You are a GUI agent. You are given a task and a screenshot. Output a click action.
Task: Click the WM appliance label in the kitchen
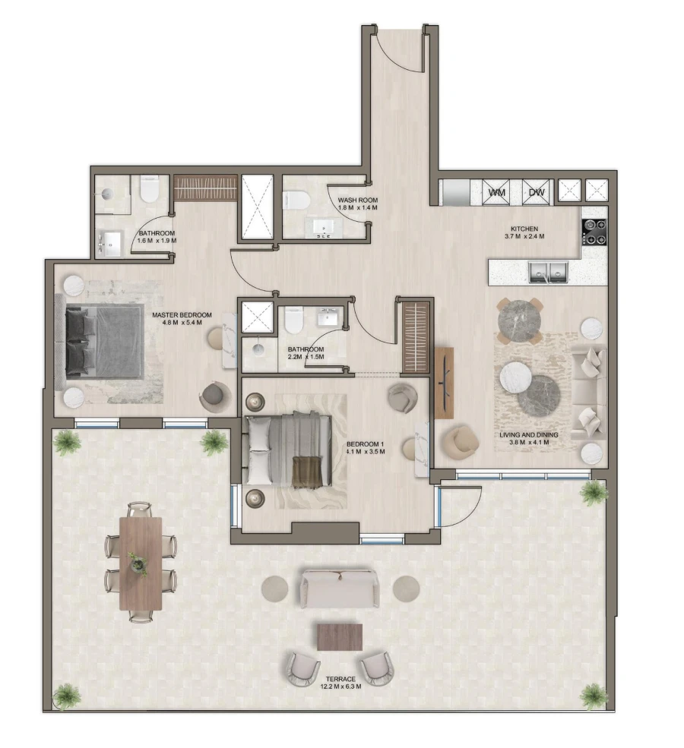click(x=498, y=192)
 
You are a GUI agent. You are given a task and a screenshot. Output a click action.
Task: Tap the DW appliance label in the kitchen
click(x=538, y=192)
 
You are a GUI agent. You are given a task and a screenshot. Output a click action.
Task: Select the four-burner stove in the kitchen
click(x=594, y=232)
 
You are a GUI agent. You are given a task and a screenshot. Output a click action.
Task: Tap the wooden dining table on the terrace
click(x=141, y=562)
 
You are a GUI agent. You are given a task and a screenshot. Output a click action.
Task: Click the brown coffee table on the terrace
click(x=339, y=636)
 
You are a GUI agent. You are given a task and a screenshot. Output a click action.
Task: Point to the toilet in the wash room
click(x=296, y=200)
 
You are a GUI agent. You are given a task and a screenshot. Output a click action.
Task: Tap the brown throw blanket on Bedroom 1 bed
click(x=309, y=471)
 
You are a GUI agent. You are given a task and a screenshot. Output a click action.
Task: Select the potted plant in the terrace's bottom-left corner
click(x=68, y=695)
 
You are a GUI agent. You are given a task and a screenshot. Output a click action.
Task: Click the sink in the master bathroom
click(x=112, y=242)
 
